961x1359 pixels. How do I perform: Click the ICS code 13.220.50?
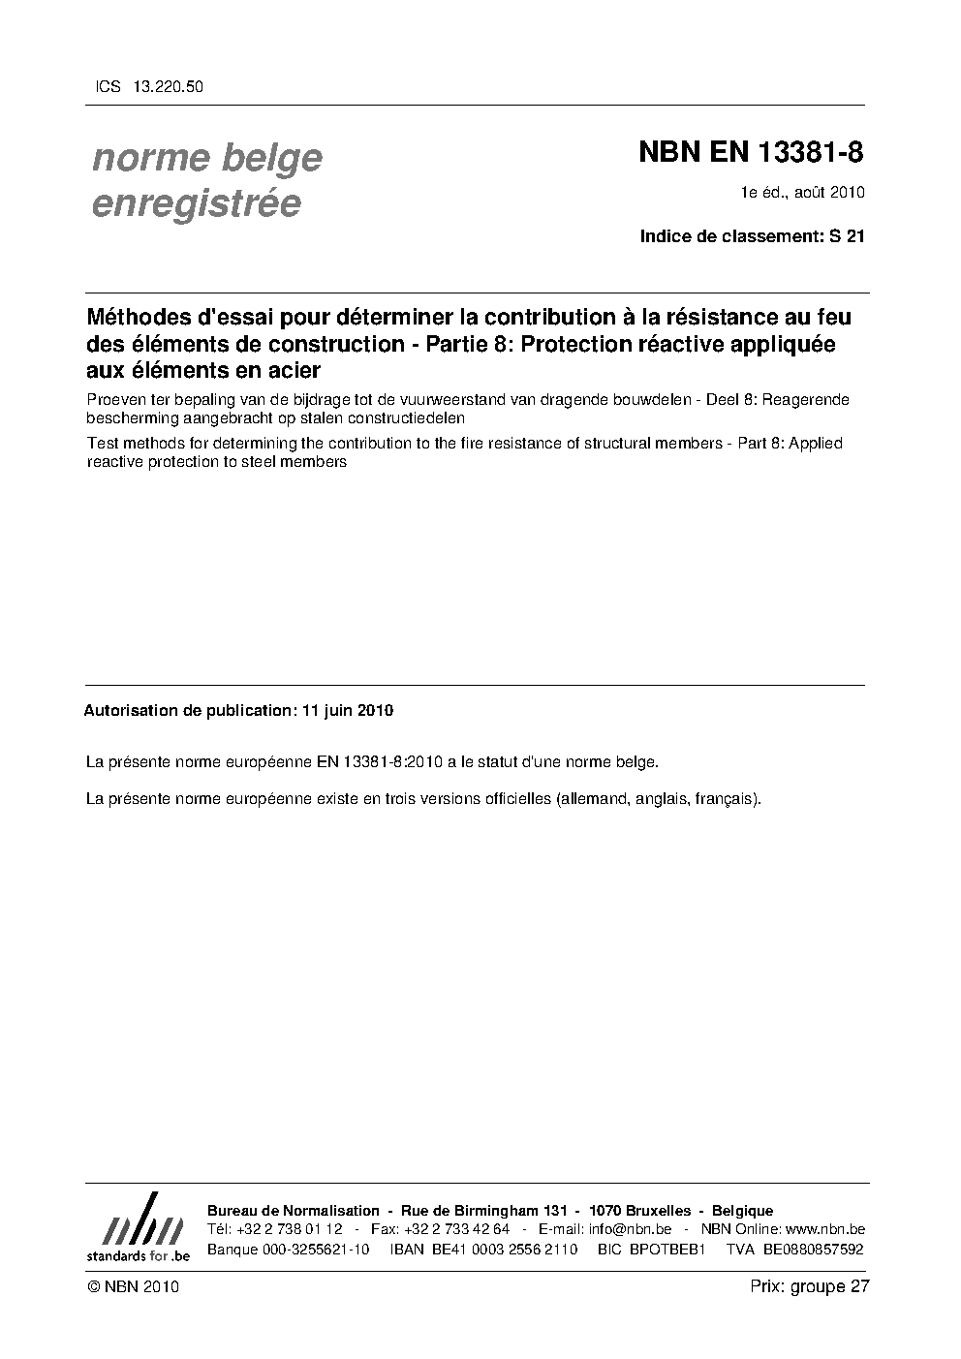[x=170, y=87]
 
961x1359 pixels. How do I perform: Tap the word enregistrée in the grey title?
[x=196, y=203]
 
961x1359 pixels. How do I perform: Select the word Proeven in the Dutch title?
[x=116, y=400]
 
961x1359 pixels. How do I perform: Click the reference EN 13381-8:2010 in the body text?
[x=380, y=761]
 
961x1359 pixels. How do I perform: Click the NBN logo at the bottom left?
[x=138, y=1226]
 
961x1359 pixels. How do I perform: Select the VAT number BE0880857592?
[x=813, y=1250]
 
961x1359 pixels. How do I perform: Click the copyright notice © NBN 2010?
[x=133, y=1287]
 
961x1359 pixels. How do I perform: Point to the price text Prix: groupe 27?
[x=810, y=1287]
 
